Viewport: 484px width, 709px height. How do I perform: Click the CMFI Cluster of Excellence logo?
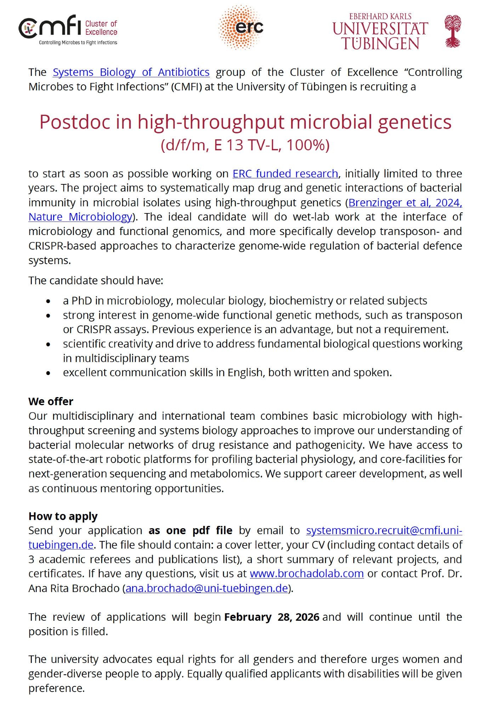[x=68, y=30]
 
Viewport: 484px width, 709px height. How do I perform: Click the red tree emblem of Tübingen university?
[x=453, y=31]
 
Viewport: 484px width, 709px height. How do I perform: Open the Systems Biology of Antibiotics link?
[x=131, y=72]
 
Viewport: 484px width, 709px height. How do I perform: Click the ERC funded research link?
[x=285, y=174]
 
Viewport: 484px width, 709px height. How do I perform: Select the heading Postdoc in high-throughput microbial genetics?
[x=245, y=122]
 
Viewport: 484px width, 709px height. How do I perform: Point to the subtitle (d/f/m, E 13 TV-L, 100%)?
[x=245, y=145]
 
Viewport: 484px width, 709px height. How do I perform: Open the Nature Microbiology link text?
[x=80, y=217]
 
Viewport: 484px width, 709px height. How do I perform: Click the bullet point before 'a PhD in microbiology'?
[x=48, y=301]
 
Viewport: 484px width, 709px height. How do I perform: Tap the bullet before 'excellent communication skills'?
[x=48, y=373]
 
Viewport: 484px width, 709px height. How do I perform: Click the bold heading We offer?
[x=51, y=402]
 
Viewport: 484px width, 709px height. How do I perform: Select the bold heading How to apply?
[x=63, y=517]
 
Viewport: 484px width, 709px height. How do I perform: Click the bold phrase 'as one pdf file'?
[x=190, y=531]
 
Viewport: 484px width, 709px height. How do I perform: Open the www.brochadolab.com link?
[x=307, y=574]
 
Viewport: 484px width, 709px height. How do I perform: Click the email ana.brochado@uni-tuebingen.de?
[x=207, y=588]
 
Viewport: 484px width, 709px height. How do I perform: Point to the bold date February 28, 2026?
[x=272, y=617]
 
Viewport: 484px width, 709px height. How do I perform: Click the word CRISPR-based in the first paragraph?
[x=63, y=246]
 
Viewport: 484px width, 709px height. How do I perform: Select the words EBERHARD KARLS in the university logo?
[x=380, y=17]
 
